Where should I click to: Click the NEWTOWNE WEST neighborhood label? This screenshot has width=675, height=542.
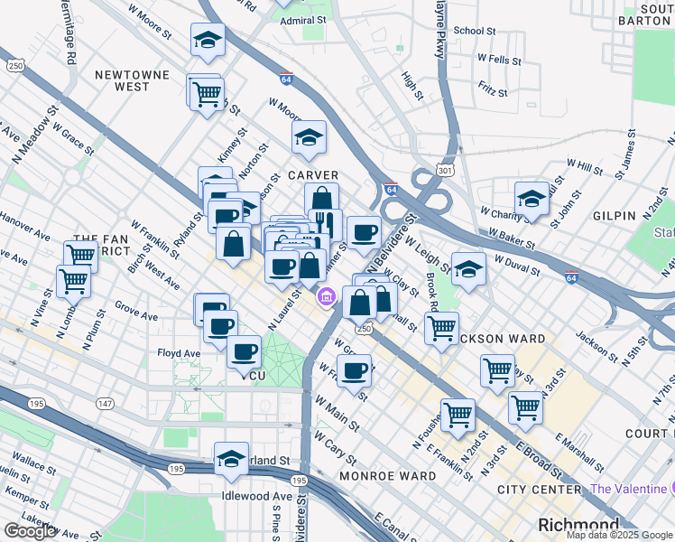point(133,79)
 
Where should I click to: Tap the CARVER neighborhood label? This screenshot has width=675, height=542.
point(313,175)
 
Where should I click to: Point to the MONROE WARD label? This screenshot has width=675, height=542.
point(388,475)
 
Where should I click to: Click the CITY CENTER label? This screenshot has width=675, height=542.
point(539,490)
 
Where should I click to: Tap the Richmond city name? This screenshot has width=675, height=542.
point(578,525)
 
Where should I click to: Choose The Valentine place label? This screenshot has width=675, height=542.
point(626,489)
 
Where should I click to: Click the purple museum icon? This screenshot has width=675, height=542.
point(327,295)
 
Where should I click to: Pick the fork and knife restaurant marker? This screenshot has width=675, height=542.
point(325,222)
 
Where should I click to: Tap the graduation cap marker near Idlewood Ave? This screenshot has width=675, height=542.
point(231,458)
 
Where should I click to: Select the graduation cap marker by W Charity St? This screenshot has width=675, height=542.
point(532,199)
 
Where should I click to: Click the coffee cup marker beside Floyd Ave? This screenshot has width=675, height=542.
point(244,351)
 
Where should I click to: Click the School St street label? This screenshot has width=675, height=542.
point(475,31)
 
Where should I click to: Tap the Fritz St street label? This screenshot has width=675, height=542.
point(494,90)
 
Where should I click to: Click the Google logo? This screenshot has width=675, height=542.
point(31,531)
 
